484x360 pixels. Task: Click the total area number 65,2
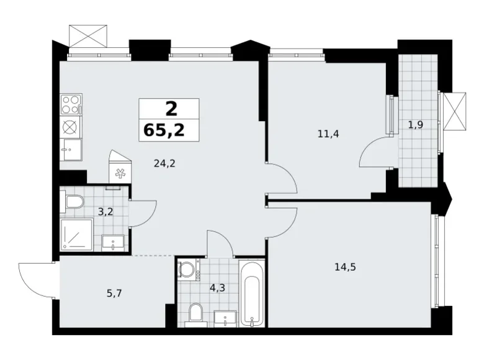(169, 130)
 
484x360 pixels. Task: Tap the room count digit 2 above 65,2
(171, 109)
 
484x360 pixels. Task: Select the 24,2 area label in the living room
(164, 164)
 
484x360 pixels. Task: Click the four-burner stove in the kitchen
(71, 104)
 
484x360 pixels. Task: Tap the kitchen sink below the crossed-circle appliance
(71, 150)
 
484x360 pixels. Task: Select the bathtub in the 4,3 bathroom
(251, 293)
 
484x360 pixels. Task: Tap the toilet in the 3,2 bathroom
(74, 201)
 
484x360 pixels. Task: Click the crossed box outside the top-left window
(87, 35)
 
